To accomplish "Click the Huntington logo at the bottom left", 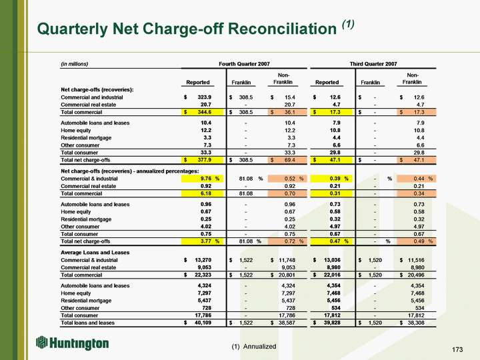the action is pyautogui.click(x=73, y=343).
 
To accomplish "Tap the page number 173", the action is pyautogui.click(x=457, y=349).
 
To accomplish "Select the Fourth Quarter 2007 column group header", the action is pyautogui.click(x=244, y=64).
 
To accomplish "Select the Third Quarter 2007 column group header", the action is pyautogui.click(x=373, y=64).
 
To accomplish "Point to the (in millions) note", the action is pyautogui.click(x=75, y=64).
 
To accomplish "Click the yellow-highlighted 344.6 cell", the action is pyautogui.click(x=202, y=112).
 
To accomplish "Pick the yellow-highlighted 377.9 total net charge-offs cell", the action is pyautogui.click(x=202, y=160).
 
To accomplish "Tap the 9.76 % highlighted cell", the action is pyautogui.click(x=202, y=179).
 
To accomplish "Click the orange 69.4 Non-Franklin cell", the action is pyautogui.click(x=287, y=160).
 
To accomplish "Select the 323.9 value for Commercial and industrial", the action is pyautogui.click(x=205, y=97).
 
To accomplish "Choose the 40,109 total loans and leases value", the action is pyautogui.click(x=203, y=323).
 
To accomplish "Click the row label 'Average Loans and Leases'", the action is pyautogui.click(x=95, y=253).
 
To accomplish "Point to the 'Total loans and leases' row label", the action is pyautogui.click(x=87, y=323).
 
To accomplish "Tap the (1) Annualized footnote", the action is pyautogui.click(x=254, y=346).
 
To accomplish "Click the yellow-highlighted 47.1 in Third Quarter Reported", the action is pyautogui.click(x=331, y=160).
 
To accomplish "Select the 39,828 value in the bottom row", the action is pyautogui.click(x=332, y=323).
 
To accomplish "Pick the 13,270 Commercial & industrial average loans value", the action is pyautogui.click(x=203, y=260).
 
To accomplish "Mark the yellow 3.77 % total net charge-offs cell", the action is pyautogui.click(x=202, y=241).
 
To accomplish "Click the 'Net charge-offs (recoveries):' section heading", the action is pyautogui.click(x=97, y=90).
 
